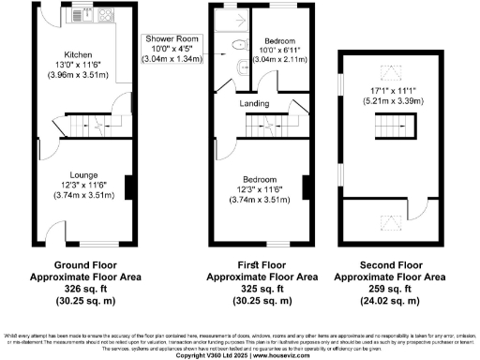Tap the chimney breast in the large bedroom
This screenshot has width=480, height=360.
(x=305, y=187)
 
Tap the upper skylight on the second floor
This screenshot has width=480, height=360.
(x=385, y=70)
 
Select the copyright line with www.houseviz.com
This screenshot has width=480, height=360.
(x=240, y=355)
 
